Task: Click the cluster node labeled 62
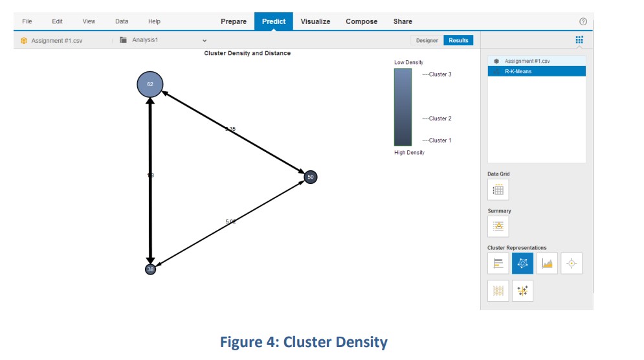pyautogui.click(x=150, y=85)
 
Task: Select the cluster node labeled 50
pyautogui.click(x=311, y=177)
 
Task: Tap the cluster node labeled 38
pyautogui.click(x=150, y=269)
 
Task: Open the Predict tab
pyautogui.click(x=273, y=21)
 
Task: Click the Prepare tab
pyautogui.click(x=234, y=21)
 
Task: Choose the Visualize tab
pyautogui.click(x=315, y=21)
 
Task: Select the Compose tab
pyautogui.click(x=361, y=21)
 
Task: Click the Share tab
pyautogui.click(x=403, y=21)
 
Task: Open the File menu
pyautogui.click(x=27, y=21)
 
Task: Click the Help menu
pyautogui.click(x=154, y=21)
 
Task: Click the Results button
pyautogui.click(x=458, y=40)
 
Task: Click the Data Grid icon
pyautogui.click(x=498, y=190)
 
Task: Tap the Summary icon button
pyautogui.click(x=498, y=226)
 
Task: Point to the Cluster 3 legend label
pyautogui.click(x=438, y=74)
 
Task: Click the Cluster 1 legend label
pyautogui.click(x=438, y=141)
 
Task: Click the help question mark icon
pyautogui.click(x=583, y=22)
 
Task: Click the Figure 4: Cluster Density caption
pyautogui.click(x=304, y=343)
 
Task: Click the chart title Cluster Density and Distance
pyautogui.click(x=247, y=53)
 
